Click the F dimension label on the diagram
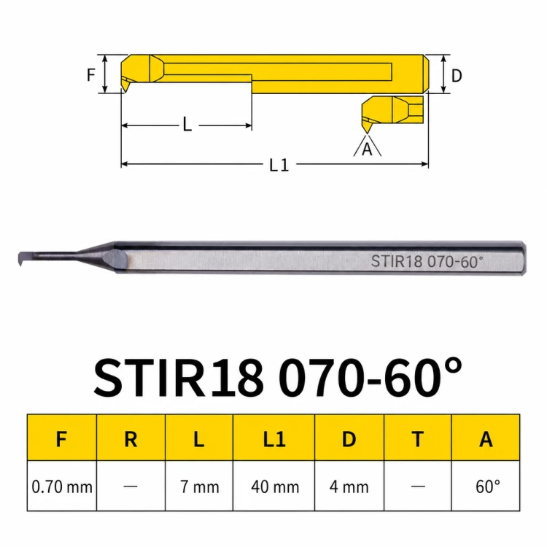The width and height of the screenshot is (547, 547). click(x=90, y=74)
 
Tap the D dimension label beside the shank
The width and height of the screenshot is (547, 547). click(x=457, y=75)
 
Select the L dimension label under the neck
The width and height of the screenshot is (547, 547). click(x=187, y=124)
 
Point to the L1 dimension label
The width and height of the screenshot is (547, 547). click(x=279, y=165)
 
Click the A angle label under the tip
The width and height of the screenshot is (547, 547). click(x=367, y=150)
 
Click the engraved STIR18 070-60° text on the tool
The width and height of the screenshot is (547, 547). click(x=427, y=261)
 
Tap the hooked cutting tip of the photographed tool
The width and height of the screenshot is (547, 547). click(x=21, y=259)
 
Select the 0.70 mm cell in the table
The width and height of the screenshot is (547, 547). click(x=62, y=486)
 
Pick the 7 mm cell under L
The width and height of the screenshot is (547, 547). click(x=200, y=486)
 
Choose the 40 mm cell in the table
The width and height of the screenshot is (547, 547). click(x=275, y=486)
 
